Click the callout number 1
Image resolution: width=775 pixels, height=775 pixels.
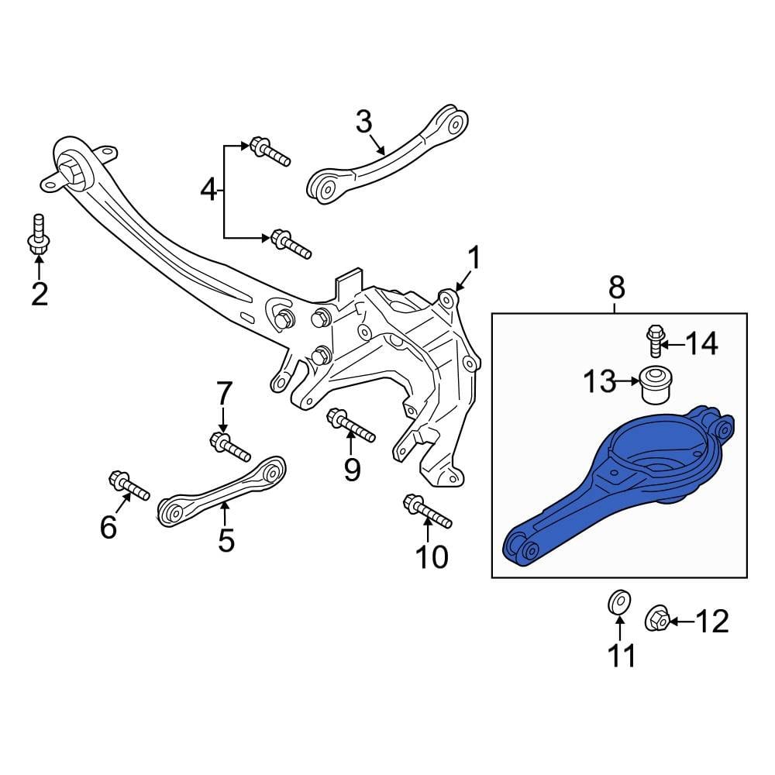[x=472, y=259]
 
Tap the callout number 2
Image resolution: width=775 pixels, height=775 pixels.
[x=39, y=294]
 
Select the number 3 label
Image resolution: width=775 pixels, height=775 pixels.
[x=364, y=122]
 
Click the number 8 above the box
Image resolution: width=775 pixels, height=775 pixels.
[x=616, y=288]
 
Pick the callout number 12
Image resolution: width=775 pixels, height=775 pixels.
[x=713, y=622]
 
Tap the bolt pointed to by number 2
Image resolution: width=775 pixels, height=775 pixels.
[x=37, y=234]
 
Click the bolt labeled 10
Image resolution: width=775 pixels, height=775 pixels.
[x=427, y=512]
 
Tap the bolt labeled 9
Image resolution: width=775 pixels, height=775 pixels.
[x=351, y=425]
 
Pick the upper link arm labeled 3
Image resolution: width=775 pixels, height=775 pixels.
[x=387, y=155]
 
